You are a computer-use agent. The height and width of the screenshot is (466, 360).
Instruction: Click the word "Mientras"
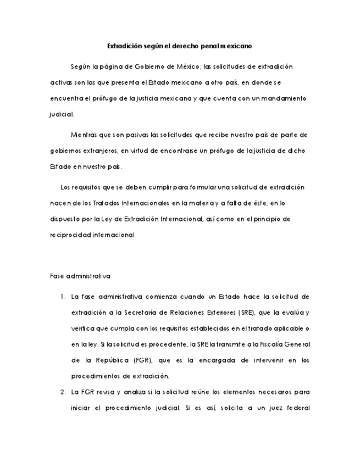(84, 135)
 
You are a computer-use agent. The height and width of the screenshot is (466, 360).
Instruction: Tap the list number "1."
(63, 297)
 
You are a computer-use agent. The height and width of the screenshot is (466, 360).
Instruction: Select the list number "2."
(63, 392)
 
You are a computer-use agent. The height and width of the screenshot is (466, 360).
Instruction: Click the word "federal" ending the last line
(296, 408)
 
